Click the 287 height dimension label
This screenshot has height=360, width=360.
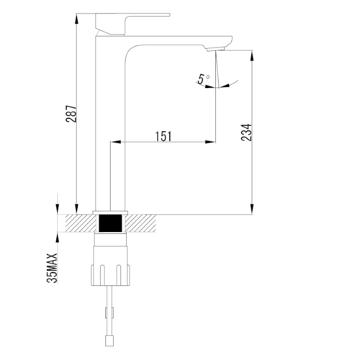tap(71, 114)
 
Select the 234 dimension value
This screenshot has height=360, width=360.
tap(247, 132)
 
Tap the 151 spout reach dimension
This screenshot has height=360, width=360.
tap(163, 136)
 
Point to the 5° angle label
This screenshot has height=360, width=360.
tap(204, 78)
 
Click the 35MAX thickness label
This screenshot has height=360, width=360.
tap(52, 268)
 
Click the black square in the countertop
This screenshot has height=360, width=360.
tap(110, 223)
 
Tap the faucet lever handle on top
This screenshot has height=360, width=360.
tap(132, 24)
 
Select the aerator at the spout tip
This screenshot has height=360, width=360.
tap(215, 49)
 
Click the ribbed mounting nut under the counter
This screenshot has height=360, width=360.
tap(110, 275)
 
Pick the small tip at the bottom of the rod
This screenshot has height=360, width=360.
tap(109, 341)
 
